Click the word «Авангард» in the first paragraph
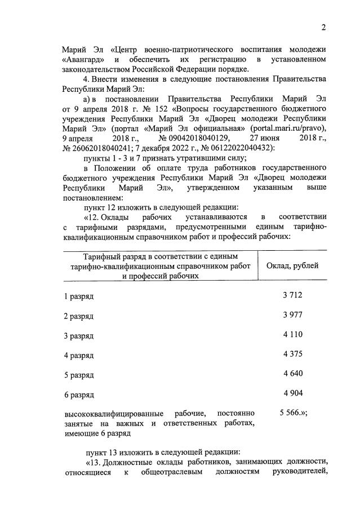[82, 59]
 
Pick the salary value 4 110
[292, 334]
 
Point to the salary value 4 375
[292, 354]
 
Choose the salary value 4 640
[292, 374]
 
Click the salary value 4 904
[292, 393]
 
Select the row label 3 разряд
[78, 336]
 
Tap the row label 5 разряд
[78, 375]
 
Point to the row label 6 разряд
[78, 394]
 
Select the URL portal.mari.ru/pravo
[290, 127]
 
